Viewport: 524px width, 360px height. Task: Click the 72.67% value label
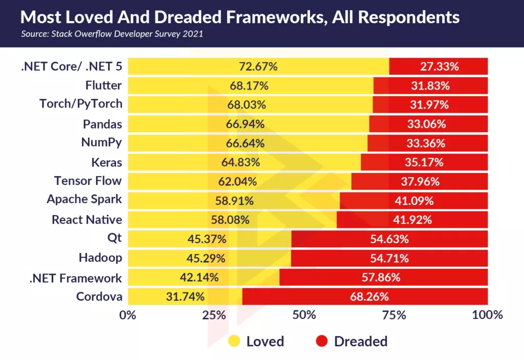[258, 66]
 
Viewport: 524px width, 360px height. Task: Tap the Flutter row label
[104, 85]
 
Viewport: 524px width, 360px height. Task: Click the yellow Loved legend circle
[235, 341]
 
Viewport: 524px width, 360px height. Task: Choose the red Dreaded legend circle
[322, 341]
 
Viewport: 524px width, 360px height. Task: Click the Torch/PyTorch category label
[81, 104]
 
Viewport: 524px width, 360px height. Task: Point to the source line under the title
[112, 34]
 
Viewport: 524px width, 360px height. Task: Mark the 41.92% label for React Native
[413, 220]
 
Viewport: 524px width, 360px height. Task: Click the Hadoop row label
[100, 258]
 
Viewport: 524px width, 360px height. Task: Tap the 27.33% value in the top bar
[439, 66]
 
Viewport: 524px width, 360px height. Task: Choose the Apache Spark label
[84, 200]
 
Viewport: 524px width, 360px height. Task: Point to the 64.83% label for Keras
[241, 162]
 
